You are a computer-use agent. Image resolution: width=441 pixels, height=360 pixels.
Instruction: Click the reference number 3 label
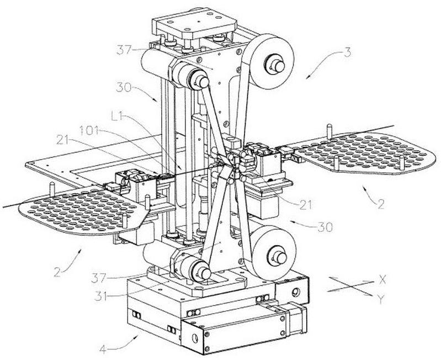click(x=348, y=52)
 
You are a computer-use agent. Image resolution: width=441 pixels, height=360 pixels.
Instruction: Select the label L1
click(x=118, y=116)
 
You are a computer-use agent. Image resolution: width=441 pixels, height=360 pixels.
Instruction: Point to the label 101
click(x=89, y=131)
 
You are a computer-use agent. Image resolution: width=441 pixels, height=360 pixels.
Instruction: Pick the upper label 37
click(x=124, y=50)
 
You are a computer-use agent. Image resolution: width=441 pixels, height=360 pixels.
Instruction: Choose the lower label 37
click(x=98, y=278)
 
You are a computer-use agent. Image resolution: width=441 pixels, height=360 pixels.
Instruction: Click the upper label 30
click(x=124, y=87)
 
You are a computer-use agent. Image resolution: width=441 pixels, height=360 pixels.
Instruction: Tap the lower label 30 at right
click(x=325, y=227)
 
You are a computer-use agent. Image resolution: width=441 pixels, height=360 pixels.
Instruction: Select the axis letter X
click(x=382, y=279)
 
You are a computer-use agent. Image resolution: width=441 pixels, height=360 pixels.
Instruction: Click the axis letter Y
click(x=380, y=300)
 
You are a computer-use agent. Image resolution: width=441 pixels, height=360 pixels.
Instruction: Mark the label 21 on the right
click(x=305, y=205)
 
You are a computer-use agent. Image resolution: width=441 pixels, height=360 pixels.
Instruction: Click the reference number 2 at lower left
click(x=57, y=273)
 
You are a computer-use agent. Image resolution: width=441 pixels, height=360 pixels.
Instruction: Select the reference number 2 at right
click(x=381, y=204)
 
